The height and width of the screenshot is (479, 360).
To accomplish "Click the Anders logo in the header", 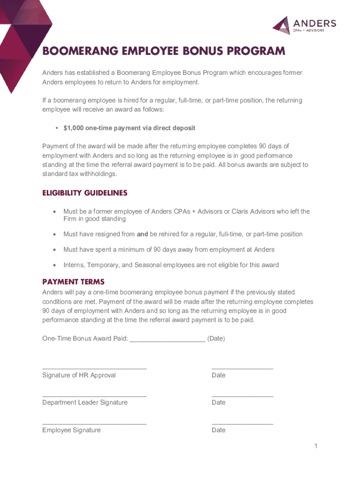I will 304,25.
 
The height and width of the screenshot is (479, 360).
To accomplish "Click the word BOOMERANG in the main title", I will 79,51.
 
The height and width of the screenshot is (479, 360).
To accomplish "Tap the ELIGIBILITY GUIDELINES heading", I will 85,193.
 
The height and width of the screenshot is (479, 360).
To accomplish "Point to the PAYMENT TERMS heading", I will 73,282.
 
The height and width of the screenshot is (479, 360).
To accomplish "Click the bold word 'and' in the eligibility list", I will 143,234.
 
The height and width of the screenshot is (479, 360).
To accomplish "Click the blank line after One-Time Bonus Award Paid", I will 167,340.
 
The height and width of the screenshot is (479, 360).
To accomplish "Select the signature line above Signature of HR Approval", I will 94,369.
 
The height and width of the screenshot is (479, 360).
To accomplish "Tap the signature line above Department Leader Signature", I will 94,396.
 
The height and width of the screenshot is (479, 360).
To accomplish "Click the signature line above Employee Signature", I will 94,423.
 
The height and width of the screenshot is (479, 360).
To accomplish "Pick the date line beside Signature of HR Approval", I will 242,369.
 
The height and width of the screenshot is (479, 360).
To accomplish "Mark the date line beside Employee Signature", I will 242,423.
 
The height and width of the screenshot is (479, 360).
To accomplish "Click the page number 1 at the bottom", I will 316,446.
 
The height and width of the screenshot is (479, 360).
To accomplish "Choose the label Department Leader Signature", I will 85,402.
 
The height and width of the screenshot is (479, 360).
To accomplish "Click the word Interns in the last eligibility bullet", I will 74,265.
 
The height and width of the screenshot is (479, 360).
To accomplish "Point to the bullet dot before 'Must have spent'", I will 54,250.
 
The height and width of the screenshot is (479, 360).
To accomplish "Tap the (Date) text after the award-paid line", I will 216,338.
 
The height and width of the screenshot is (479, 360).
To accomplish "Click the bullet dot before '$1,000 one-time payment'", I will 56,128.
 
